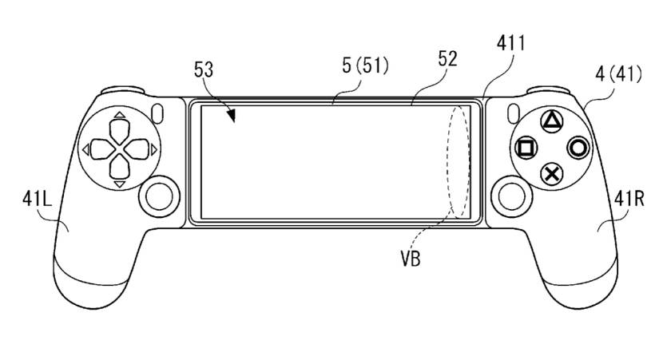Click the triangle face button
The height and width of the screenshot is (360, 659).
(551, 121)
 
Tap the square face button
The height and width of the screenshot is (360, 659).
(525, 148)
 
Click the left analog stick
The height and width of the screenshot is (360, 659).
(160, 193)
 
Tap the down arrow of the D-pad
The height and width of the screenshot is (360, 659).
(118, 168)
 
